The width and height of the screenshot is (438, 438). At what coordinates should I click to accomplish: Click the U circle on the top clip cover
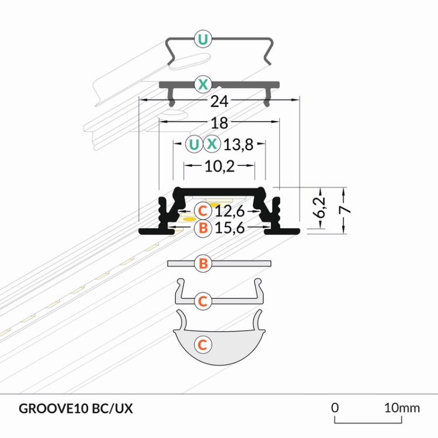(203, 40)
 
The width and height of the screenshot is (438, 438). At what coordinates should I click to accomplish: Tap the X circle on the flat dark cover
(203, 84)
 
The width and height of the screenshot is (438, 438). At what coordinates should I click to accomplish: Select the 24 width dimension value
(219, 101)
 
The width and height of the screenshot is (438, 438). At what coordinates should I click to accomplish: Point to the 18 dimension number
(220, 123)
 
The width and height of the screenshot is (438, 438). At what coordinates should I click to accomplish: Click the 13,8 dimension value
(238, 144)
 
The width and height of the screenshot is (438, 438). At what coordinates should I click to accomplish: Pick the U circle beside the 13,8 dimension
(193, 144)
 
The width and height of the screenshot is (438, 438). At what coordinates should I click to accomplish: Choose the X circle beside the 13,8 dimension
(212, 144)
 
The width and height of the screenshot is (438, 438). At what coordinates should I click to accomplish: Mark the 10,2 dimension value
(220, 166)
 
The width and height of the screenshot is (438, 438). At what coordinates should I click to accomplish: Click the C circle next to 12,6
(202, 210)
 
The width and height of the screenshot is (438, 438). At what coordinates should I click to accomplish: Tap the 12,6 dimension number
(230, 210)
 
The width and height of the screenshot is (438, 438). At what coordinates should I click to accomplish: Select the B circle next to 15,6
(202, 228)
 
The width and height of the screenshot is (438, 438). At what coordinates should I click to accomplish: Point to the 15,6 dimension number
(230, 228)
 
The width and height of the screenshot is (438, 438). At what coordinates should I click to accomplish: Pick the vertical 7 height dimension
(346, 210)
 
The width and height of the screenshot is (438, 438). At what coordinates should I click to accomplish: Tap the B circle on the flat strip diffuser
(203, 264)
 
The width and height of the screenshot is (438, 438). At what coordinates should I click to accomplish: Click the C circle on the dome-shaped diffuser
(202, 345)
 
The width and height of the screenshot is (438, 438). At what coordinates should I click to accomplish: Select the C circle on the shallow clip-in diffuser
(202, 301)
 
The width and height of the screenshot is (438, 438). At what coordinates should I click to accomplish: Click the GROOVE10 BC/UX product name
(76, 408)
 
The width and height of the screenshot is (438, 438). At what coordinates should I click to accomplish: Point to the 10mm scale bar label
(402, 408)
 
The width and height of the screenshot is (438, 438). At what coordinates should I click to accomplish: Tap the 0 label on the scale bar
(335, 408)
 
